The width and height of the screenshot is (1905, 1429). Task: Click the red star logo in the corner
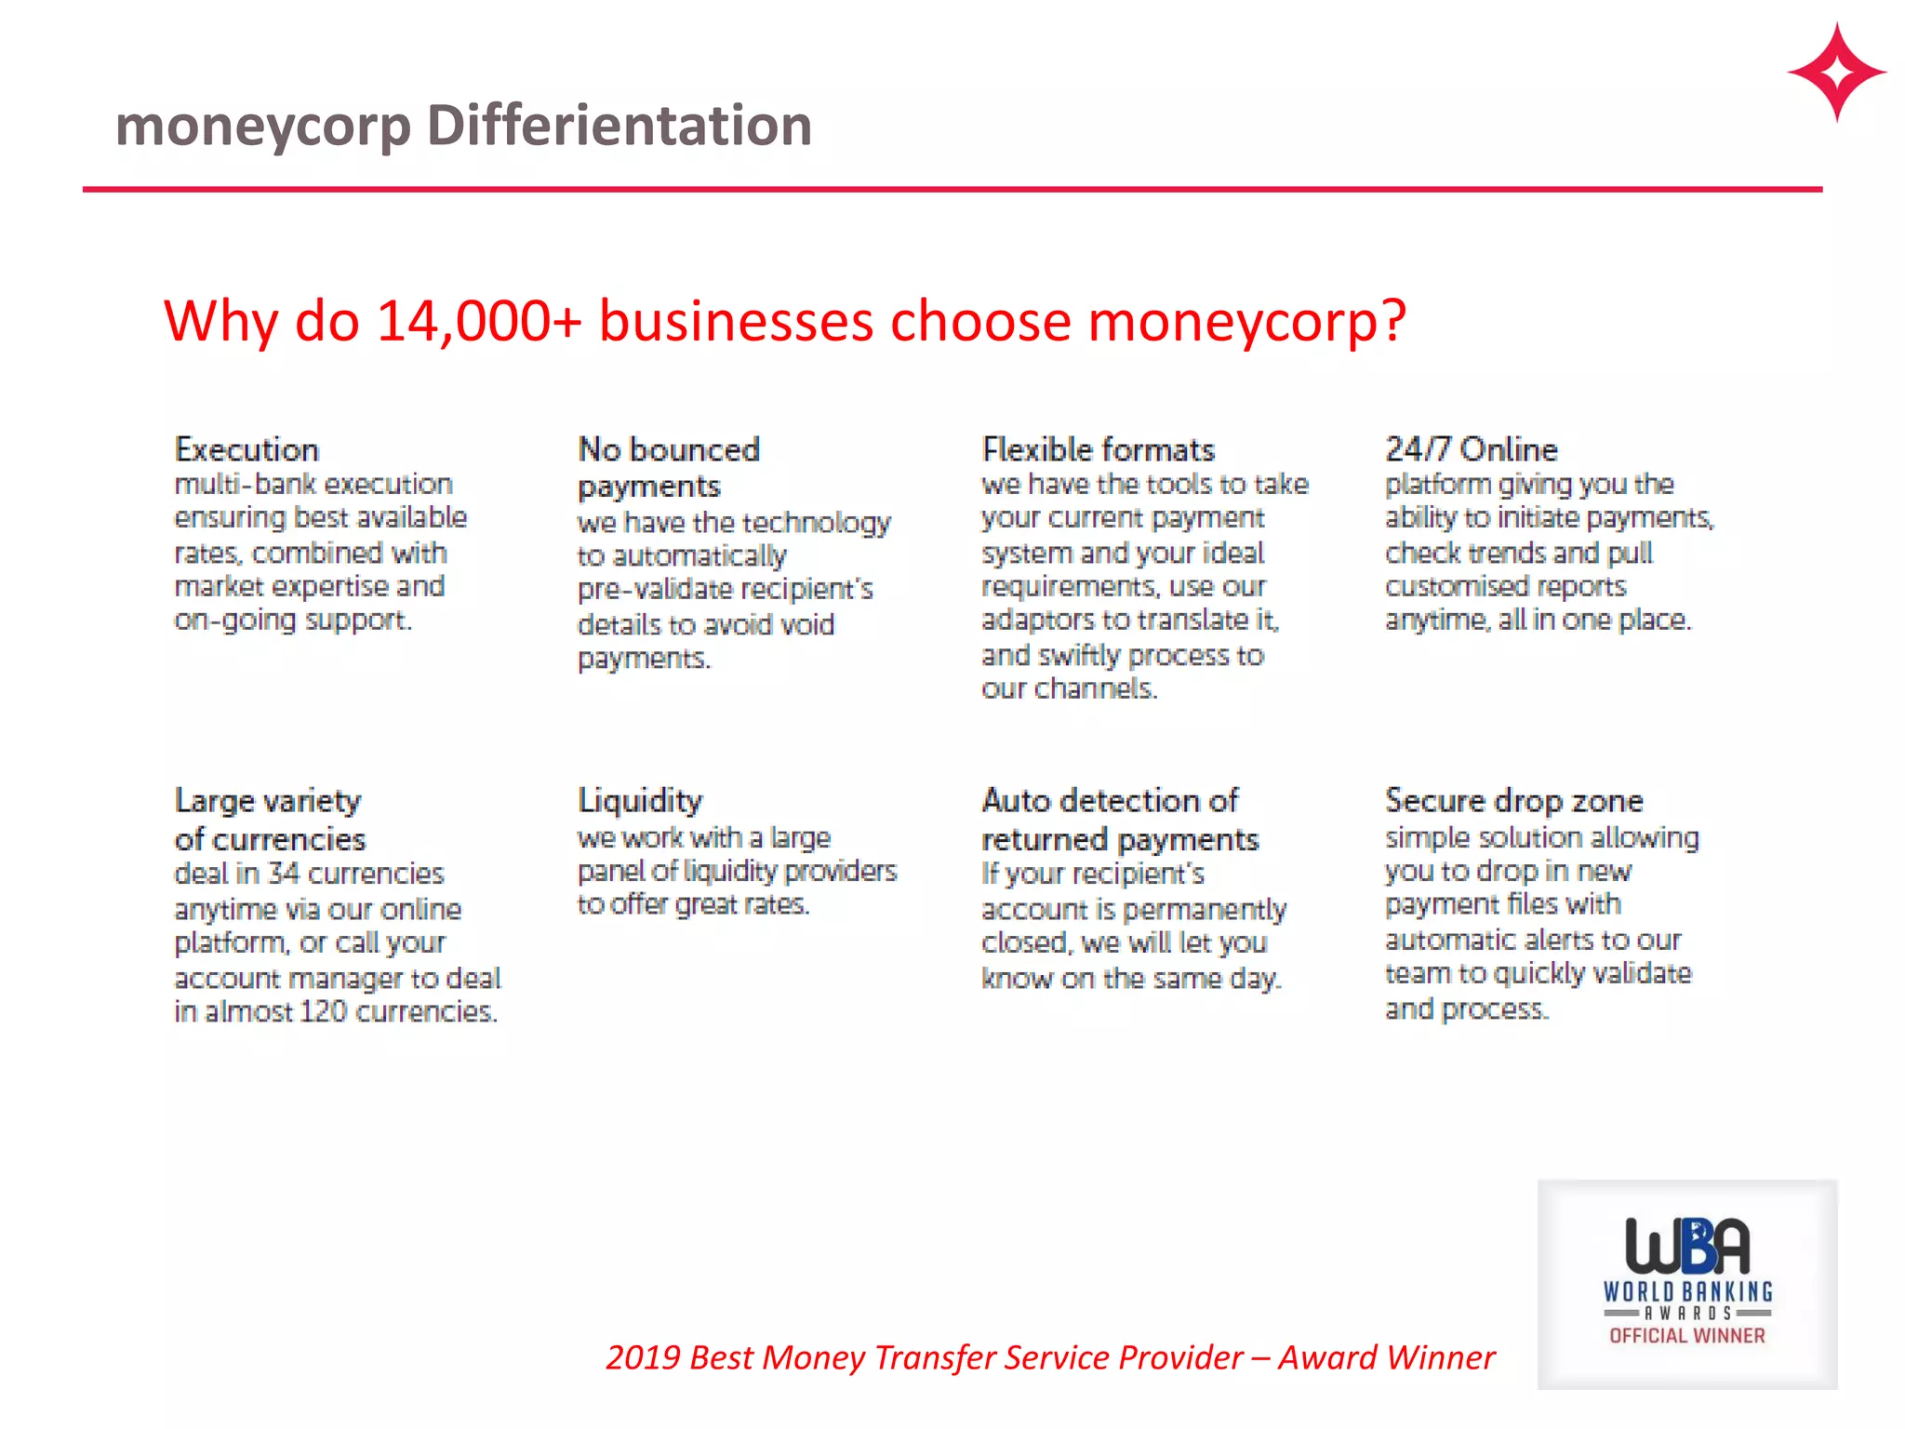[1836, 73]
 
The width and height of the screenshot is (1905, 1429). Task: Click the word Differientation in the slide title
[619, 126]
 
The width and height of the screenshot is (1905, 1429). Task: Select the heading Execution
[246, 450]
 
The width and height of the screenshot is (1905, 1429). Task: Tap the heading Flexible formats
[1098, 450]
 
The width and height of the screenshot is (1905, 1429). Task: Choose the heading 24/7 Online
[1471, 450]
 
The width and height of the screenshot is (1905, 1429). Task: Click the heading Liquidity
[640, 801]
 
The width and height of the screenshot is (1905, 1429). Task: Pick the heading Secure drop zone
[1513, 801]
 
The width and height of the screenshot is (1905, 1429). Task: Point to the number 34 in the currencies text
[284, 874]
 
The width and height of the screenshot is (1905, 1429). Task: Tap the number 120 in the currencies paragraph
[323, 1011]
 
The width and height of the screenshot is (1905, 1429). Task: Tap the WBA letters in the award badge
[1686, 1246]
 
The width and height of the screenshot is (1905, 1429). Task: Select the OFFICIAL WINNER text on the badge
[1686, 1336]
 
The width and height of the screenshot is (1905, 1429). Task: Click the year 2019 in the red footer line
[643, 1358]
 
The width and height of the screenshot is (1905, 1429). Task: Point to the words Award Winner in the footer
[1386, 1358]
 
